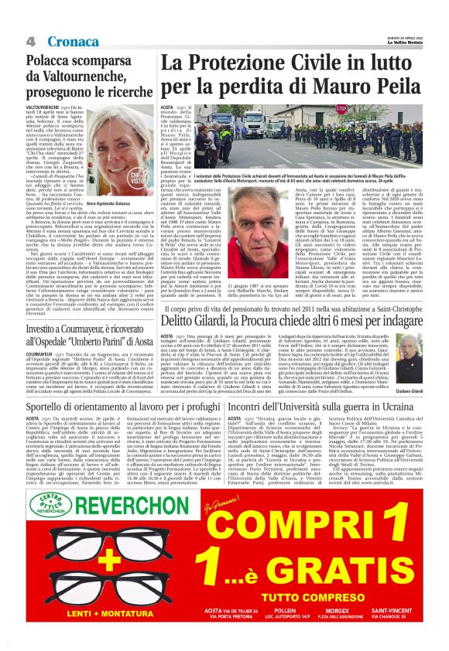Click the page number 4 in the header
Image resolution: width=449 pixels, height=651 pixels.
[x=31, y=40]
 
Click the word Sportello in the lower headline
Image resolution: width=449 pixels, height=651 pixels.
[x=53, y=407]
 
